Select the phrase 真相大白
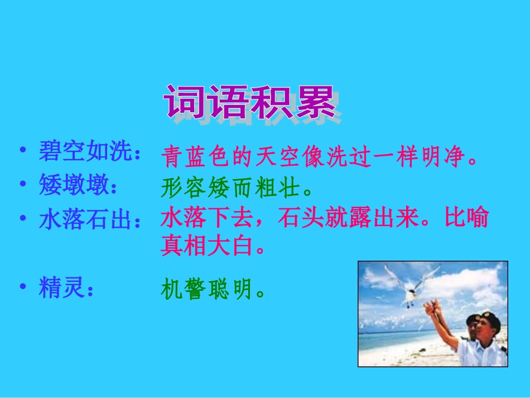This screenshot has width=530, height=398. pos(203,246)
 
